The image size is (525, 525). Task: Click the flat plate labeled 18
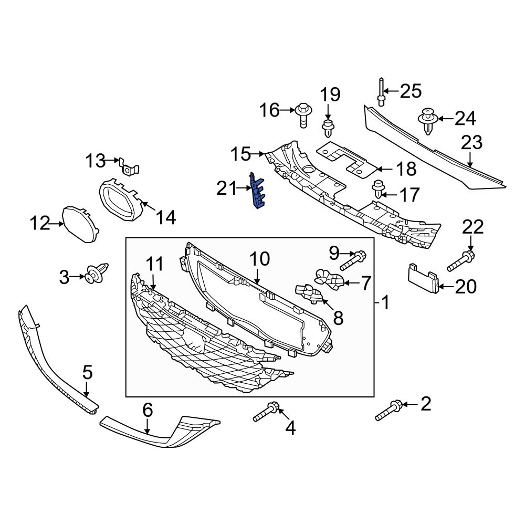[x=346, y=157]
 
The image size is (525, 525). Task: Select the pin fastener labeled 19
[x=328, y=128]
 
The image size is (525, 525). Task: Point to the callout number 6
[x=148, y=410]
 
